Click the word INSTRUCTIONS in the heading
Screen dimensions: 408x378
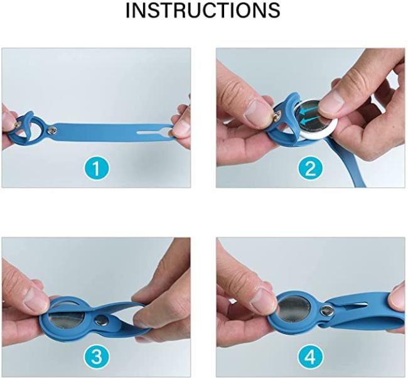[203, 10]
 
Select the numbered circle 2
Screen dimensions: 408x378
[310, 168]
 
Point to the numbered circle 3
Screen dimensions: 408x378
[97, 356]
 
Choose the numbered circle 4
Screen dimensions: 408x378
[310, 357]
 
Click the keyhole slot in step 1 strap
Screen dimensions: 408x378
[154, 132]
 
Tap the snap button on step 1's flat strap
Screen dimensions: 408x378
[52, 130]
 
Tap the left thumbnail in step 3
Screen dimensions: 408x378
[35, 300]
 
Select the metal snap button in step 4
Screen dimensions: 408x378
[326, 311]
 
